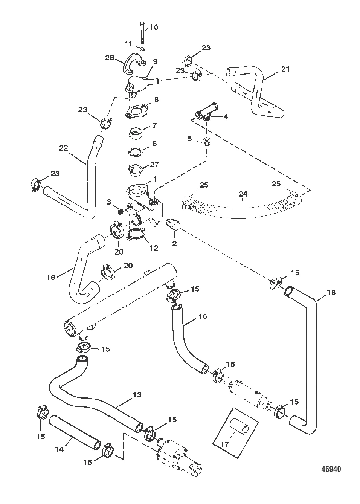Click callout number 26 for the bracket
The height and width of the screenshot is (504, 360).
pos(110,58)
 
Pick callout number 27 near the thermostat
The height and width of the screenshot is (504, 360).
pos(154,164)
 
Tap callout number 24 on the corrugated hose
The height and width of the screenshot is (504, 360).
pos(243,194)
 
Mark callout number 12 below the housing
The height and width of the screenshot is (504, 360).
pos(154,248)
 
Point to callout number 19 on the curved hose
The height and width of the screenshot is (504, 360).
pos(51,278)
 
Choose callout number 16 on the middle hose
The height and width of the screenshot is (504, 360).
pos(203,316)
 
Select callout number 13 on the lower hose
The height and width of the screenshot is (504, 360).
pos(137,394)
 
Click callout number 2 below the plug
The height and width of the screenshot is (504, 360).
pos(174,244)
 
